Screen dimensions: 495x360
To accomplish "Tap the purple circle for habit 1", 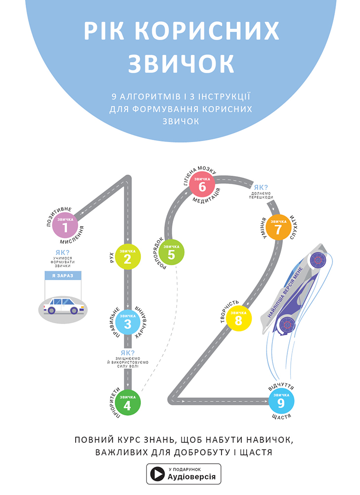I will point(65,227).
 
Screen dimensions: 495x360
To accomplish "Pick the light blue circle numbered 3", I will point(128,323).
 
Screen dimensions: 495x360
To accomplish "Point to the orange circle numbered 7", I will point(278,228).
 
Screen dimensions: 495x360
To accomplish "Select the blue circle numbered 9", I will point(281,402).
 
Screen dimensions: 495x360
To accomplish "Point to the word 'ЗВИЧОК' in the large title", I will point(180,63).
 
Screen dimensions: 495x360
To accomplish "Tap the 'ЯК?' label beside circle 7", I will point(261,188).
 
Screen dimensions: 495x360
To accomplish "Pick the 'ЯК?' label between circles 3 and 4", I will point(128,353).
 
